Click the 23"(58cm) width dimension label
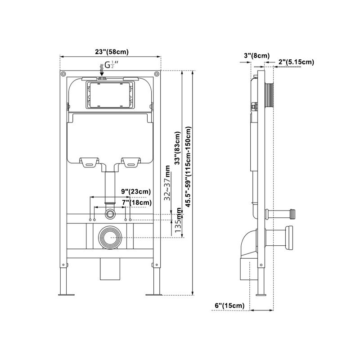[111, 51]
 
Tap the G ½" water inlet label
[111, 65]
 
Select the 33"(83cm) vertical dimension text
[177, 148]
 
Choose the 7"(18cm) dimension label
[137, 203]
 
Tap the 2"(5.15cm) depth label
[296, 62]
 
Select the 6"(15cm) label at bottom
[229, 306]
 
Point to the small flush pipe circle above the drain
[110, 212]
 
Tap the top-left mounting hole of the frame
[64, 74]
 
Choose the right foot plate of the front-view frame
[153, 295]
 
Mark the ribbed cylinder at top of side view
[270, 94]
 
